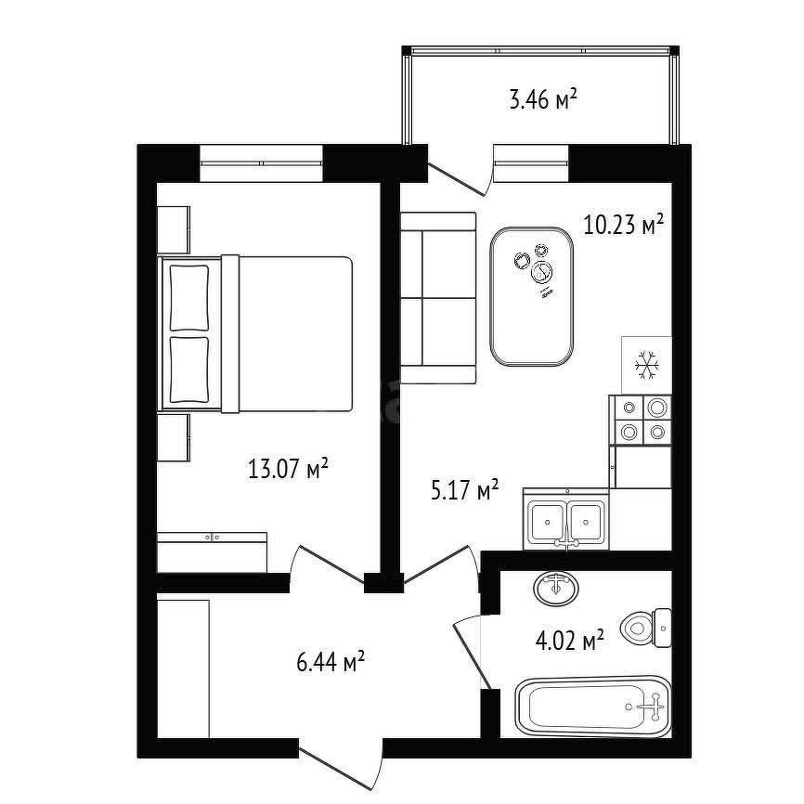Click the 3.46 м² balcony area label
click(543, 99)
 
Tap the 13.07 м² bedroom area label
click(288, 469)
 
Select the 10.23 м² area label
click(624, 224)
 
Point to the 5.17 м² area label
click(464, 490)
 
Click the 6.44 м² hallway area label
click(331, 661)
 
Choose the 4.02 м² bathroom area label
click(569, 640)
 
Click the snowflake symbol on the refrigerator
click(646, 365)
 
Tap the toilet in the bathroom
click(646, 628)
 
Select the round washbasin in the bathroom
click(556, 588)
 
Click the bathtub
click(593, 707)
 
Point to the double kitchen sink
click(566, 520)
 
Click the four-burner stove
click(641, 420)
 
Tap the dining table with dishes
click(531, 296)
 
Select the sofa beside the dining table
click(438, 298)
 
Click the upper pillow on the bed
click(189, 298)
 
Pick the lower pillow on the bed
click(189, 370)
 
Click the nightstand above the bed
click(174, 229)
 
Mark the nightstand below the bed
click(174, 437)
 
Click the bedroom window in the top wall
click(261, 163)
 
